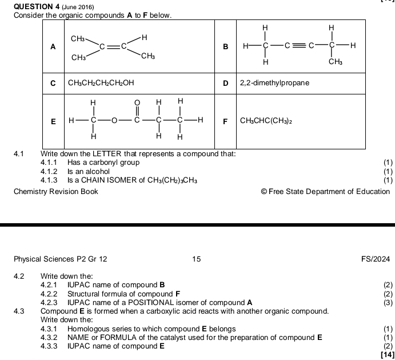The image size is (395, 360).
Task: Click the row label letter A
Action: [x=53, y=48]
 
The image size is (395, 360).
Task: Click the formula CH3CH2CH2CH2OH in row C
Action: [x=101, y=83]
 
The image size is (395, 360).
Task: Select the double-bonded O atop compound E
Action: [x=137, y=102]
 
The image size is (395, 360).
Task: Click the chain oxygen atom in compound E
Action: [x=114, y=121]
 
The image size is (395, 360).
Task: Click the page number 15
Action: [x=197, y=259]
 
